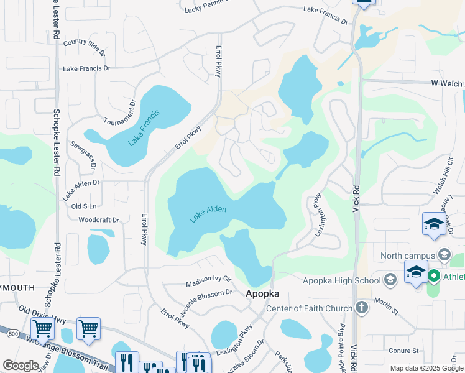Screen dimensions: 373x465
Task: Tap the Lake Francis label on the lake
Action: click(x=144, y=127)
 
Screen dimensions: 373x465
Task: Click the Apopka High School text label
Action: click(x=342, y=280)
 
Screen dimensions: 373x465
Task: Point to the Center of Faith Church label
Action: click(x=308, y=308)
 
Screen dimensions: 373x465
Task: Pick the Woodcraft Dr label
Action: click(x=99, y=219)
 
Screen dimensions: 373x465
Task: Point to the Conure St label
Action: click(x=405, y=351)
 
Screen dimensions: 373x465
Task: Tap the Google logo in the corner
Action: click(x=21, y=365)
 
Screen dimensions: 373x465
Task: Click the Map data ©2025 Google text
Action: click(x=426, y=368)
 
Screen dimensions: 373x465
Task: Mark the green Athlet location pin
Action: click(x=433, y=276)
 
